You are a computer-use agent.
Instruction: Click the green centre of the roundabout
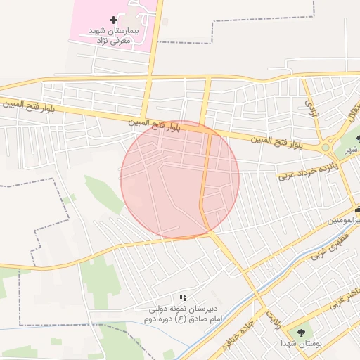point(326,148)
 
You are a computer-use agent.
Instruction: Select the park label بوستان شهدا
point(302,344)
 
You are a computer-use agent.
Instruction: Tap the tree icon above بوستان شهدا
point(302,332)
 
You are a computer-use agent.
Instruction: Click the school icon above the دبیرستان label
point(183,298)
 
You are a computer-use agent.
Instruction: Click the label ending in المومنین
point(345,221)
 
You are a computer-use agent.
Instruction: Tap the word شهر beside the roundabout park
point(352,150)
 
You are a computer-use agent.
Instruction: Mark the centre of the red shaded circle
point(180,179)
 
